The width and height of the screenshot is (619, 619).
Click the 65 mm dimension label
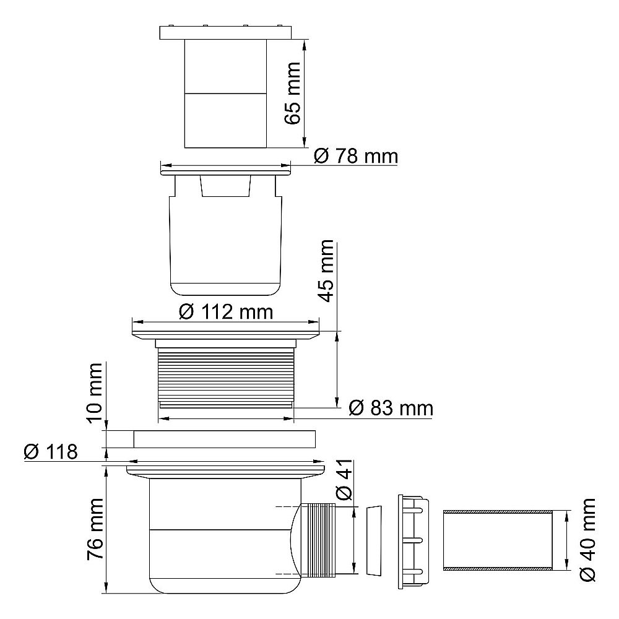293,93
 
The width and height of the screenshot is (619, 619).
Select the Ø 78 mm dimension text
356,157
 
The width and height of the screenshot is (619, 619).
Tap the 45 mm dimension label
326,271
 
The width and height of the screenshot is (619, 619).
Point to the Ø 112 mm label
226,312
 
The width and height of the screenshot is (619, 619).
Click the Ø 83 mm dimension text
391,408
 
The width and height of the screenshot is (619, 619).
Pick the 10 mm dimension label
94,393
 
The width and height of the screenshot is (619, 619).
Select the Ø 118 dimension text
51,452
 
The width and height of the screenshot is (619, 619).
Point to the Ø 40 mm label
588,540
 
